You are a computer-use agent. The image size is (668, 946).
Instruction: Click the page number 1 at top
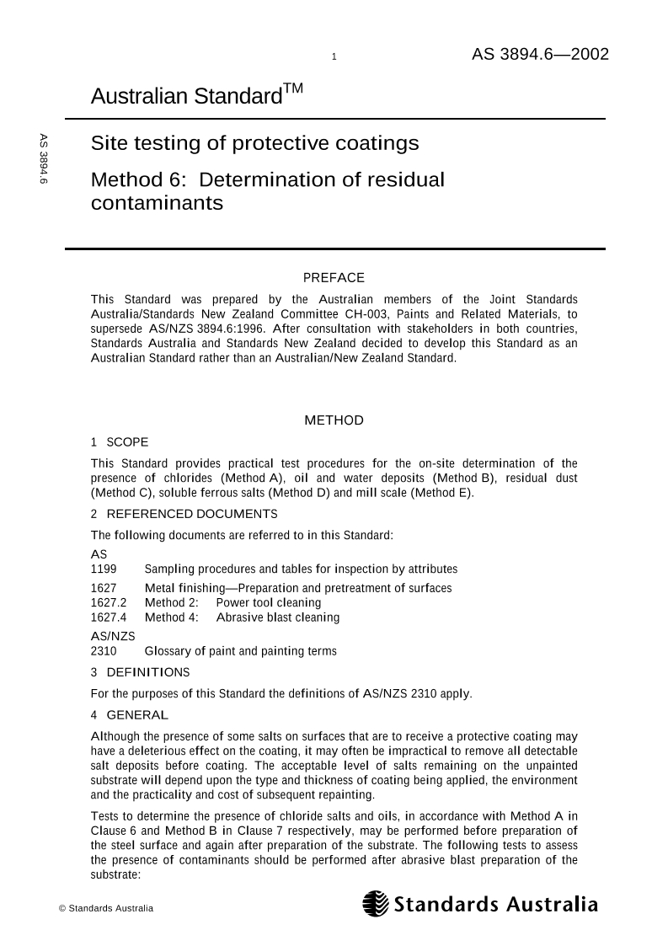pos(334,57)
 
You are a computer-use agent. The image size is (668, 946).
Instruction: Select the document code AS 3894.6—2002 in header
pos(539,55)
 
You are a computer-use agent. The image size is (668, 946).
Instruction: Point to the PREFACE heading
pos(334,278)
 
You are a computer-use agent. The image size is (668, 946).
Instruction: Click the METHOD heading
pos(334,420)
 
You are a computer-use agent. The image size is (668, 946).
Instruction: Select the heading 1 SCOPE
pos(119,441)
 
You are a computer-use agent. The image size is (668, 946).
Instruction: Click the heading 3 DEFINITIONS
pos(140,672)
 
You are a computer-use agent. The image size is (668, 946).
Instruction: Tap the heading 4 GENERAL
pos(129,715)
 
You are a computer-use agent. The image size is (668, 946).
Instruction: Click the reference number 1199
pos(104,569)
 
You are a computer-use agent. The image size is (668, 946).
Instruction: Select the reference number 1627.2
pos(109,602)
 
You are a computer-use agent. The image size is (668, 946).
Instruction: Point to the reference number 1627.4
pos(109,617)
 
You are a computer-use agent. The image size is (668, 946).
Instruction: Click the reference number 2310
pos(104,651)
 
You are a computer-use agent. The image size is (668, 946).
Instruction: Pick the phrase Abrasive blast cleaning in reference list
pos(278,617)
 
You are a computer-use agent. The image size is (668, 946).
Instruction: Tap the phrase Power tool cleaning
pos(268,602)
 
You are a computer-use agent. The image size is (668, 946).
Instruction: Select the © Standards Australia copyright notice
pos(105,908)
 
